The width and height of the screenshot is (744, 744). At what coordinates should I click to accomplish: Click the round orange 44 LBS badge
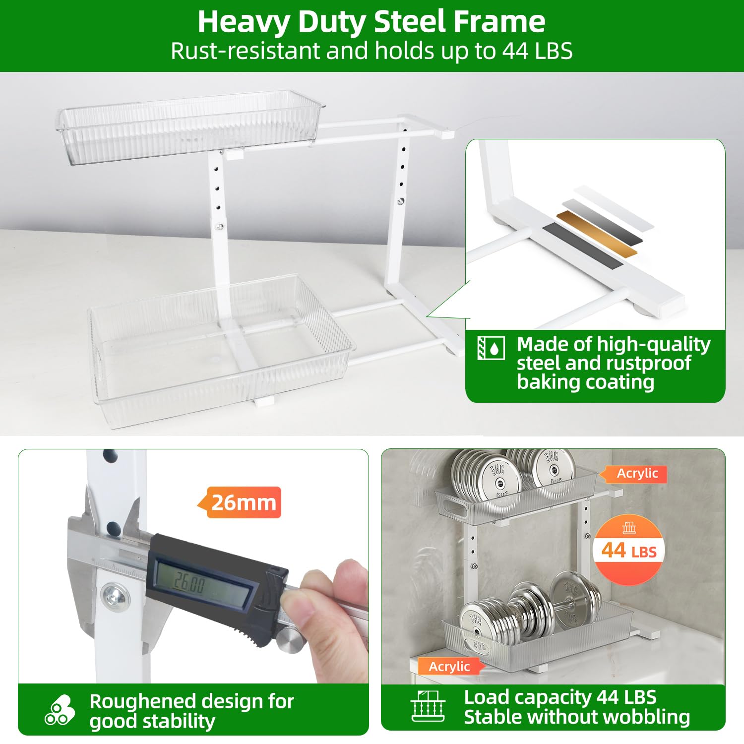tap(629, 550)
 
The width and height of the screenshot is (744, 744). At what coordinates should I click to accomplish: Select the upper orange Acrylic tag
tap(633, 474)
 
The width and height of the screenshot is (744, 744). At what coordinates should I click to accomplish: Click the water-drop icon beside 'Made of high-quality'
tap(491, 348)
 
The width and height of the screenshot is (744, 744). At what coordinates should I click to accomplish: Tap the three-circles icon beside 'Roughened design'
tap(60, 710)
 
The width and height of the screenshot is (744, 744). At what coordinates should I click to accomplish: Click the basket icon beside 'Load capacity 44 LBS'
tap(428, 706)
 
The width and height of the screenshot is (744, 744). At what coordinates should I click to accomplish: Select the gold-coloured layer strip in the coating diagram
tap(597, 234)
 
